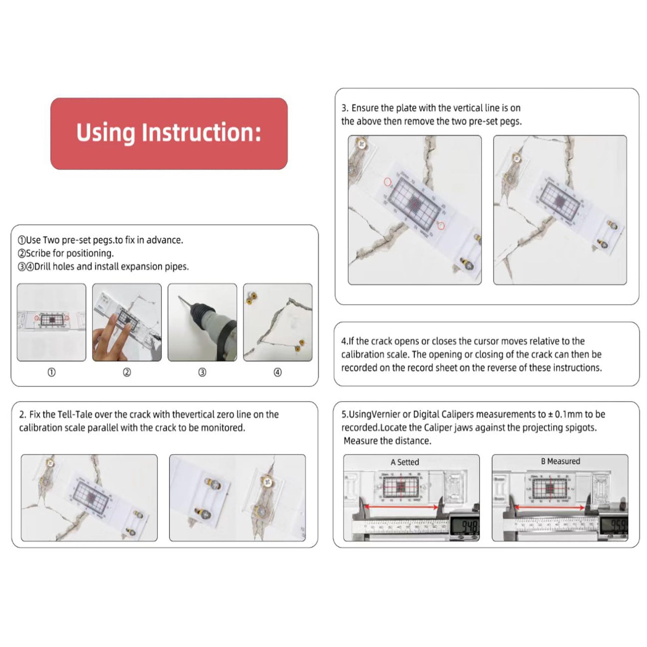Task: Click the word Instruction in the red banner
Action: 201,133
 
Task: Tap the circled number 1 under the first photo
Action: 52,372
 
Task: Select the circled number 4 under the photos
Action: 278,372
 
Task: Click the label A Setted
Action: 405,462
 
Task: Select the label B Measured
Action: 560,461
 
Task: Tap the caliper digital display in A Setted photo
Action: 465,526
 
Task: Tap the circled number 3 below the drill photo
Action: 202,372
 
